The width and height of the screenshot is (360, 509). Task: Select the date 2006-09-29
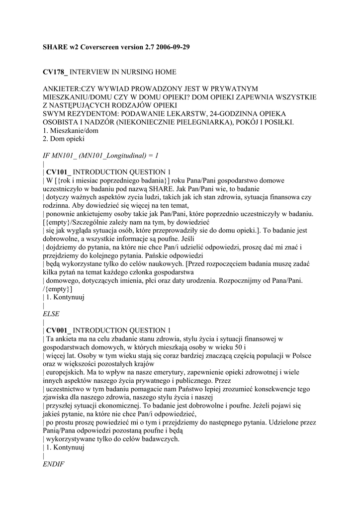169,47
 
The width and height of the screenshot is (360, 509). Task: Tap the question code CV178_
55,72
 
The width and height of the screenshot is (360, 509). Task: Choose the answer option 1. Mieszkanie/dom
71,130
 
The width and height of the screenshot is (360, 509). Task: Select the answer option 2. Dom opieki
64,139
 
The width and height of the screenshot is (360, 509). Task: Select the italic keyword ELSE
51,314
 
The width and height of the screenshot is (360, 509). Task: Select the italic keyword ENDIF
54,464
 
